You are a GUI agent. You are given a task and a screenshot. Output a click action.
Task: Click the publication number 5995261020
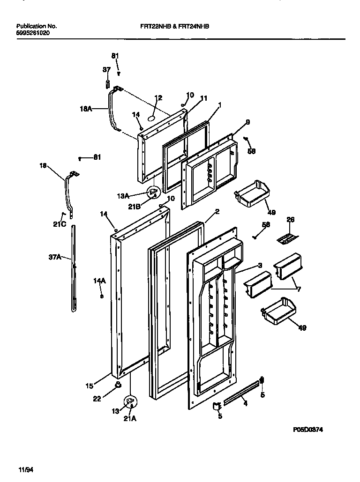(32, 33)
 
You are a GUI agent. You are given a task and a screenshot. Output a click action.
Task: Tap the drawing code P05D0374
(307, 430)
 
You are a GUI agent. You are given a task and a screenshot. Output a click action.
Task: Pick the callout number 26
(290, 219)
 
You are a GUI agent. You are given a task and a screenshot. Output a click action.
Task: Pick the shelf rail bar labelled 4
(241, 393)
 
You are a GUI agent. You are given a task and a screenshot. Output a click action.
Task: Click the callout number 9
(247, 122)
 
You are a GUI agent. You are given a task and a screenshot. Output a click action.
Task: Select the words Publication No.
(37, 27)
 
